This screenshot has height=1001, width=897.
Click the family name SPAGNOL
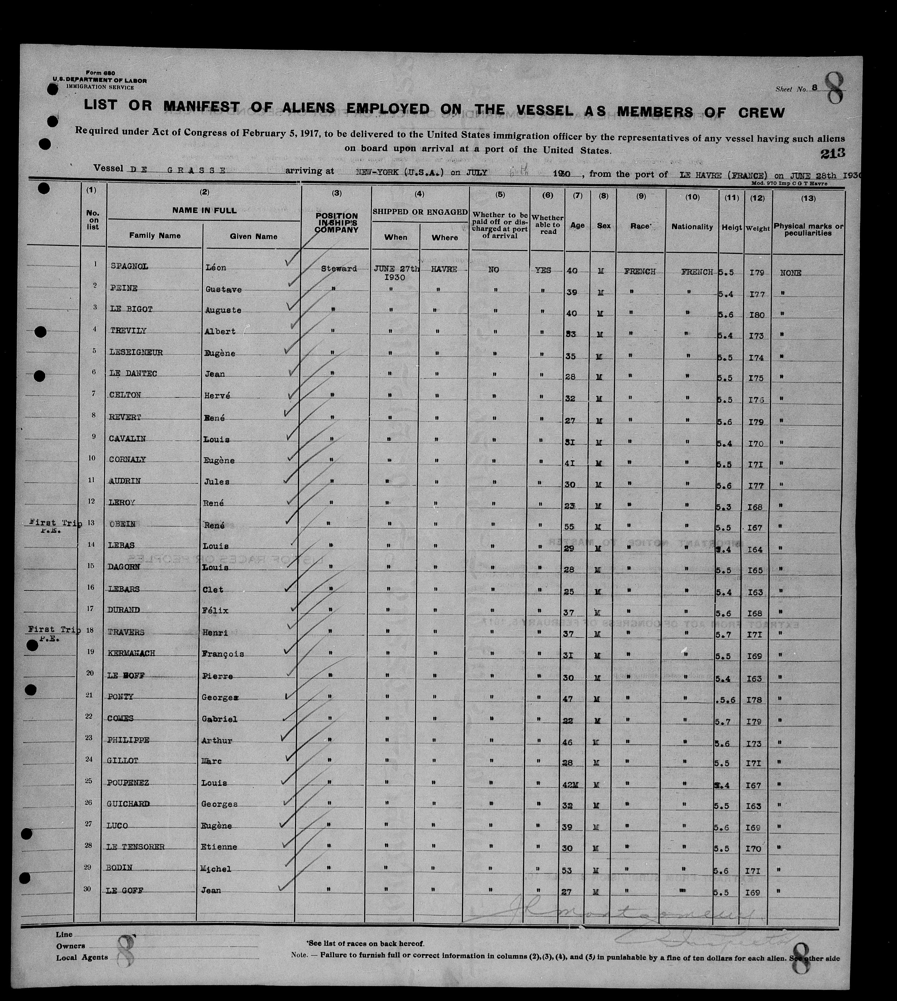point(129,267)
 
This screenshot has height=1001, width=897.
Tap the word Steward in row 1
point(339,269)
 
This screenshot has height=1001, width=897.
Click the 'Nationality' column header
point(692,227)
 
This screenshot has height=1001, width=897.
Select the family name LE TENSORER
point(136,847)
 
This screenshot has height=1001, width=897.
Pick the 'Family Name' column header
point(155,236)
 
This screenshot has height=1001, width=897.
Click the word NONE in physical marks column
point(791,273)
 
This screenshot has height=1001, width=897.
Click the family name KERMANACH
point(131,653)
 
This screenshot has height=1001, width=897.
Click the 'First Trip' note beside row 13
point(55,523)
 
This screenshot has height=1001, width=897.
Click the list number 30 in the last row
point(89,889)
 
